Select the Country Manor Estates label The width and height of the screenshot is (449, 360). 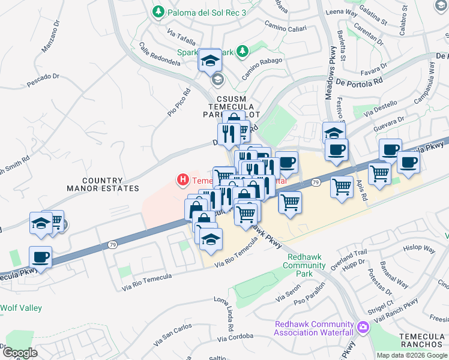tap(102, 184)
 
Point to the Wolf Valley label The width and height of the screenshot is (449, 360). tap(21, 308)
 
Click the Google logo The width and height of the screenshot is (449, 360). tap(19, 353)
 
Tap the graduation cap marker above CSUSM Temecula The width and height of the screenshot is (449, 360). tap(210, 60)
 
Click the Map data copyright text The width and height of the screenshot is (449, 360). tap(412, 355)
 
